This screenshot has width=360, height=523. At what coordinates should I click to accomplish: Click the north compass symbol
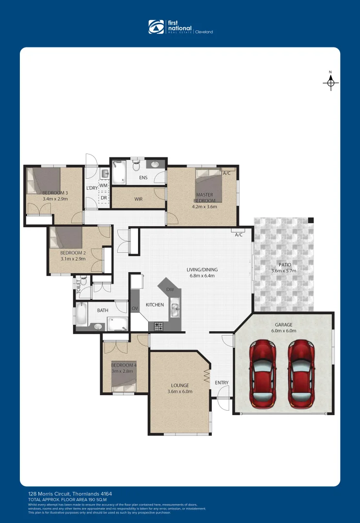tap(330, 83)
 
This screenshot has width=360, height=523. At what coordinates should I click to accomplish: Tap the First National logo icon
tap(156, 27)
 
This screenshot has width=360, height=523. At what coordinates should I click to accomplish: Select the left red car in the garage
tap(263, 374)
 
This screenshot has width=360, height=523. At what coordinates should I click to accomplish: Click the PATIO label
tap(284, 265)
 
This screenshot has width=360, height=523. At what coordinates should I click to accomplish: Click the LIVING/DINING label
tap(202, 270)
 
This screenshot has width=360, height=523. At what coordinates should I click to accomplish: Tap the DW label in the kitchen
tap(170, 290)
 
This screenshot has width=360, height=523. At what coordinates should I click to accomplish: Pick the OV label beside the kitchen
tap(135, 308)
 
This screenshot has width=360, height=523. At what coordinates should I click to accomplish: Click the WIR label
tap(139, 199)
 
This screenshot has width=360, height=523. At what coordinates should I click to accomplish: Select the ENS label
tap(143, 178)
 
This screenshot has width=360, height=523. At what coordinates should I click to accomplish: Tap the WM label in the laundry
tap(103, 185)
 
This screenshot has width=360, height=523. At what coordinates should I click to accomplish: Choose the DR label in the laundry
tap(103, 198)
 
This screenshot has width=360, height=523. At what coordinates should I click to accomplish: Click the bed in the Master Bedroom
tap(209, 185)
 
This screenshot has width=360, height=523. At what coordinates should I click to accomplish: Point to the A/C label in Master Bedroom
tap(227, 173)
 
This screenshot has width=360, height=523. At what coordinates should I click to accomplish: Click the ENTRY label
tap(221, 383)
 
